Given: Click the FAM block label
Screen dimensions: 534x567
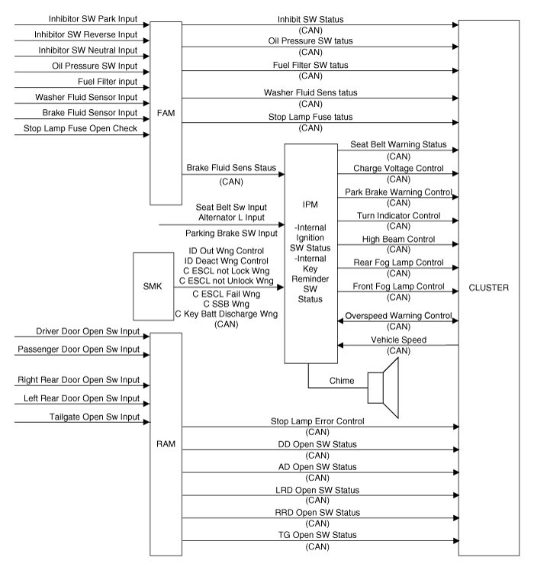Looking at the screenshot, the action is coord(166,113).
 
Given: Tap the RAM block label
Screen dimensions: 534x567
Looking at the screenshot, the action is coord(166,443).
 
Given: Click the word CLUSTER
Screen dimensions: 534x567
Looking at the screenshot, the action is coord(488,288).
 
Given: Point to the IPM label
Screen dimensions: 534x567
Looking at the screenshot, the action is coord(310,205).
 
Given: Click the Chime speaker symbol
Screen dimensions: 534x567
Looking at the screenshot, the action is coord(383,388).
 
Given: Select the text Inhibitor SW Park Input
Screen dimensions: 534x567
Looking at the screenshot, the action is coord(93,19).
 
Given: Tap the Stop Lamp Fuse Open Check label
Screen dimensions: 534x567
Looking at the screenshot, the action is coord(80,128).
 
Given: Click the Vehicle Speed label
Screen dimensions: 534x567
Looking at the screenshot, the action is coord(398,340).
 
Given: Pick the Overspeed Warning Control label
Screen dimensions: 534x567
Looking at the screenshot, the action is coord(398,316).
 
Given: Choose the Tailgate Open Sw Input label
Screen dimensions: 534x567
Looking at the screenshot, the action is coord(95,417).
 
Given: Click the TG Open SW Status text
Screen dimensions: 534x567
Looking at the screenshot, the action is coord(317,535).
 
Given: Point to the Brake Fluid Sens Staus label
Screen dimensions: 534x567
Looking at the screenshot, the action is coord(231,168).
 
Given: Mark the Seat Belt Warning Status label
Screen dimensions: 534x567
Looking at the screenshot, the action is coord(398,145).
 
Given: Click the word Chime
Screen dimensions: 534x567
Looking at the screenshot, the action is coord(342,381).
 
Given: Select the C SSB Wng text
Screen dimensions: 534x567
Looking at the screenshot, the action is coord(227,304).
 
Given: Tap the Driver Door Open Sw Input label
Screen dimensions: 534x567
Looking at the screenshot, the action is coord(88,331).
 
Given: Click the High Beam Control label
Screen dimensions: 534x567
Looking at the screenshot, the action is coord(398,239).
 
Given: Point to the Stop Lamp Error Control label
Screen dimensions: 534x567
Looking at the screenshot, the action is coord(317,421).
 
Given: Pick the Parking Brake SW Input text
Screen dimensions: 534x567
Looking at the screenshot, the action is coord(231,234).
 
